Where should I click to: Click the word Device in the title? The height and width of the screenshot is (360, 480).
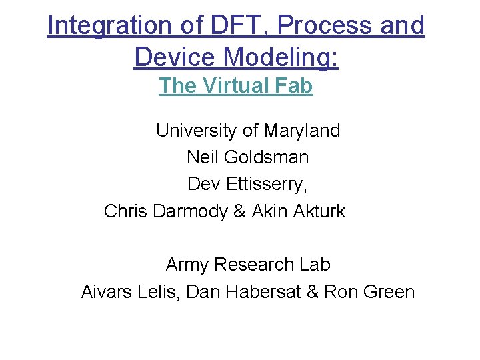click(x=175, y=57)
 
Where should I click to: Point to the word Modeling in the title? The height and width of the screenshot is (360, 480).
click(x=282, y=57)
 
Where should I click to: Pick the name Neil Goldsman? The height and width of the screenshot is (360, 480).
click(x=247, y=157)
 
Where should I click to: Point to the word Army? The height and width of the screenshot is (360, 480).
click(x=187, y=265)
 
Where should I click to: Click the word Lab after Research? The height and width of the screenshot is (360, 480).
click(x=315, y=265)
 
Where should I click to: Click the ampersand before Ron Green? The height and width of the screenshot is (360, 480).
click(x=312, y=292)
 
